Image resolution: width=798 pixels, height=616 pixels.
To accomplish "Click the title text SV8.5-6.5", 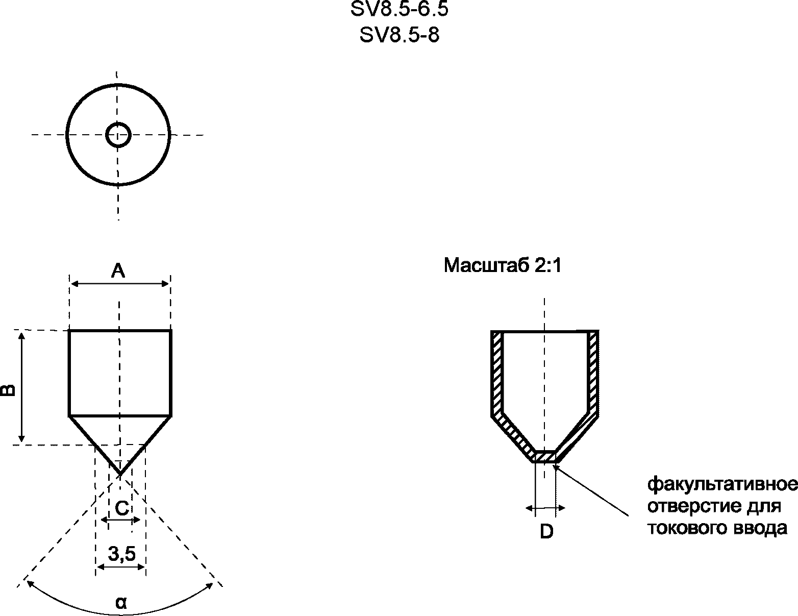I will (400, 9).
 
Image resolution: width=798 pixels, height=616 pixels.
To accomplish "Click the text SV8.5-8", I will (400, 35).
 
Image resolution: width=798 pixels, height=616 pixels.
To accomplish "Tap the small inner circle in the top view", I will (118, 135).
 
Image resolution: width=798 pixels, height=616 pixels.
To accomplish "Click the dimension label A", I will (118, 270).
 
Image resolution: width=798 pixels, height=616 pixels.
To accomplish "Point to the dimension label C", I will (121, 508).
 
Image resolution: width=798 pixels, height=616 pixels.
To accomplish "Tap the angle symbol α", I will (121, 603).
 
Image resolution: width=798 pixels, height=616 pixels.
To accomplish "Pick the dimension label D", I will (546, 532).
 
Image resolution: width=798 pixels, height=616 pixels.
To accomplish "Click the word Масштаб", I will (485, 266).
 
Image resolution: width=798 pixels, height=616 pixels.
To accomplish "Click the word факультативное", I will (722, 484).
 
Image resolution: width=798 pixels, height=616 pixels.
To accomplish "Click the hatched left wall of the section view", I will (497, 373).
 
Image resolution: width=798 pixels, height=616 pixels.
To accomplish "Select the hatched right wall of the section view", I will (592, 373).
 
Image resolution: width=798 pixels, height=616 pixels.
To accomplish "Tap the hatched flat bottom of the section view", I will (545, 456).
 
